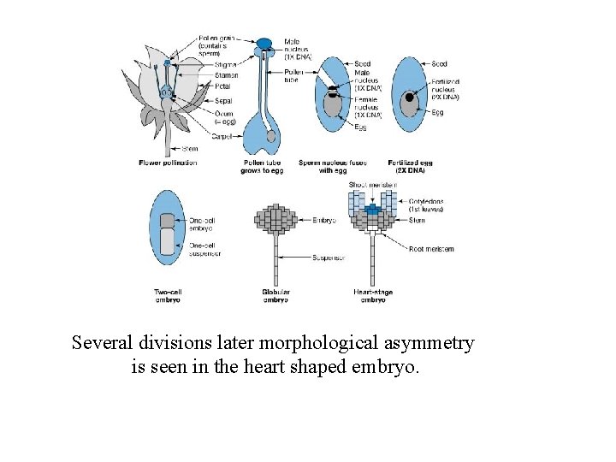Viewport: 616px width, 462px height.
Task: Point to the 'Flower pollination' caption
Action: click(x=168, y=163)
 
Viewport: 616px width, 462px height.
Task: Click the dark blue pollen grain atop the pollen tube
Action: click(x=265, y=44)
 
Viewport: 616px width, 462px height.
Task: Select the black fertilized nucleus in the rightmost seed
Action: click(x=410, y=98)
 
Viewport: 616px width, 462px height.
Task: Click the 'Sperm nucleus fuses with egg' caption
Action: click(x=329, y=166)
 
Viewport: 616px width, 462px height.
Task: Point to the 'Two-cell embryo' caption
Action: click(x=168, y=296)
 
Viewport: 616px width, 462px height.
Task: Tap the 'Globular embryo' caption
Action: click(x=275, y=296)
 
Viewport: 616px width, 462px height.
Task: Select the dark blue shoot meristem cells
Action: click(x=370, y=209)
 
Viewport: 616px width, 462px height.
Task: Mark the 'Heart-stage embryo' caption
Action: click(x=372, y=296)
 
